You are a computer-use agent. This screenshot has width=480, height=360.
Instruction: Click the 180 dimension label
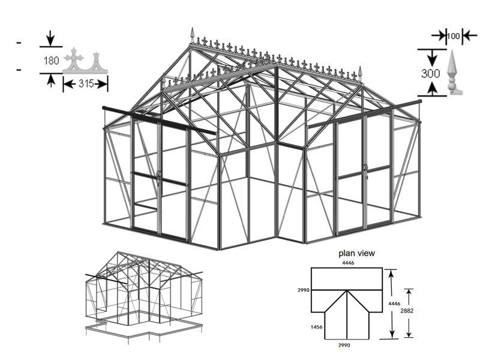coord(51,61)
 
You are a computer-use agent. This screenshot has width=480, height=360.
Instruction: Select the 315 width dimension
coord(86,83)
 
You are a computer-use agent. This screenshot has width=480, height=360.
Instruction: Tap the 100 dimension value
coord(453,36)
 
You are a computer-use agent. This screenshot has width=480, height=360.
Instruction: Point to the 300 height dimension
coord(430,73)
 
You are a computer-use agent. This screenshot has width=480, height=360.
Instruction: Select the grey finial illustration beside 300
coord(454,73)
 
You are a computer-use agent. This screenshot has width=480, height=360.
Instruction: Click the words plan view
coord(356,253)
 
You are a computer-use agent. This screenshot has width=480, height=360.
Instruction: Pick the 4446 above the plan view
coord(348,263)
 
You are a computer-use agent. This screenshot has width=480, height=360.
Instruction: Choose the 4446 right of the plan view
coord(394,304)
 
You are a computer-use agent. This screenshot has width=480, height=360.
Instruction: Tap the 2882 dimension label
coord(407,311)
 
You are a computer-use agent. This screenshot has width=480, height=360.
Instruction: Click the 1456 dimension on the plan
coord(317,327)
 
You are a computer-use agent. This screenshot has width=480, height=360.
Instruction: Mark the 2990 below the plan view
coord(344,346)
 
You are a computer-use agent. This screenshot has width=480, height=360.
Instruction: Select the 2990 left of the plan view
coord(304,290)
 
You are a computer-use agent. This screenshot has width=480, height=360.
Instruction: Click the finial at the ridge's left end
coord(193,35)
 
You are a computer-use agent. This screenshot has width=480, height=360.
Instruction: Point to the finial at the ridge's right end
coord(361,74)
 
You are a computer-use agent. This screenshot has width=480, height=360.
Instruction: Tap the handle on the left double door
coord(159,178)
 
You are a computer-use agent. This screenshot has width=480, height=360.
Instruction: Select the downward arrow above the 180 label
coord(51,38)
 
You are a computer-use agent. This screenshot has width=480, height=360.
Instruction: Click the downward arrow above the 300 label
coord(432,58)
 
